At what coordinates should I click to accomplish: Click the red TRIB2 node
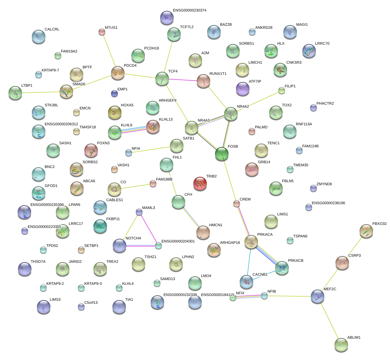200,184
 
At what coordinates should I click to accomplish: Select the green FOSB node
222,154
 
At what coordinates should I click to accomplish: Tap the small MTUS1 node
102,32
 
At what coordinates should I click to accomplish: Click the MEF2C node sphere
317,296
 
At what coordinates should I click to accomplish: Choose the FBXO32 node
366,231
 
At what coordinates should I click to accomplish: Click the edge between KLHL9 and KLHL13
133,129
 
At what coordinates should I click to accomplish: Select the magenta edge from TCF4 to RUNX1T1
183,80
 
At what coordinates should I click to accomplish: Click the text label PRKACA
265,234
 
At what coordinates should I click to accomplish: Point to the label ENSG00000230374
189,10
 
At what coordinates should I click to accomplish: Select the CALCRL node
38,37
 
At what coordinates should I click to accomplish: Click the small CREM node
237,204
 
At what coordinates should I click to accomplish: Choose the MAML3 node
139,212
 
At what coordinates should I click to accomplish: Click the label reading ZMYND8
324,184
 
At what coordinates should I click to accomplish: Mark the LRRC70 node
308,51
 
